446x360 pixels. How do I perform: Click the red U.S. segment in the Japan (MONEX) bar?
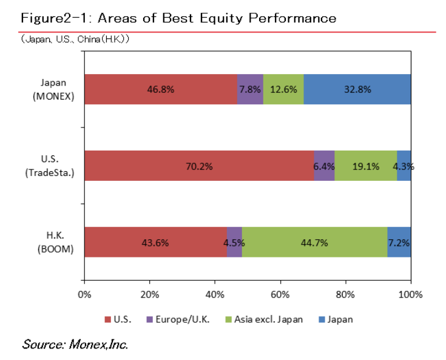coord(160,89)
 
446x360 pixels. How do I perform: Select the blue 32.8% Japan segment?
coord(357,89)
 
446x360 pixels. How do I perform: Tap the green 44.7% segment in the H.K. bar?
coord(314,242)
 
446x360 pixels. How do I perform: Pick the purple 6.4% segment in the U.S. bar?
coord(324,166)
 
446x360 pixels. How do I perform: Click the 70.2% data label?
coord(199,166)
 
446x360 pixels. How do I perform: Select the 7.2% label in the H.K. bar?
coord(399,242)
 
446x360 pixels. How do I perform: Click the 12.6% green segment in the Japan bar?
coord(283,89)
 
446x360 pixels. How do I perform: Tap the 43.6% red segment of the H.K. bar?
coord(155,242)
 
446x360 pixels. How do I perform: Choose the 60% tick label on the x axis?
coord(280,295)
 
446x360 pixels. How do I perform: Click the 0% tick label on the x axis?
coord(84,295)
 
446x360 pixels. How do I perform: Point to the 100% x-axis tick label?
coord(411,295)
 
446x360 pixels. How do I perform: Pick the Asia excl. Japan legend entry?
coord(268,319)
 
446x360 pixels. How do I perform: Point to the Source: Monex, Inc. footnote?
coord(75,344)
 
